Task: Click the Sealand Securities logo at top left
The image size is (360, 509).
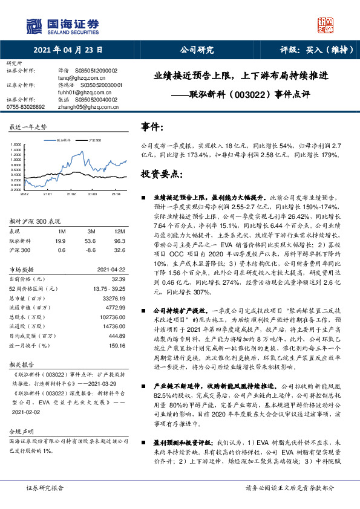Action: click(61, 25)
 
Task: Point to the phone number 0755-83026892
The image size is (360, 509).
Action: click(25, 106)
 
